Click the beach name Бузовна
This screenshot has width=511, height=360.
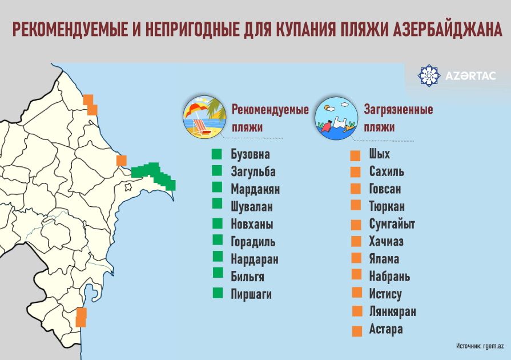250,154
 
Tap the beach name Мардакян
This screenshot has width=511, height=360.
255,189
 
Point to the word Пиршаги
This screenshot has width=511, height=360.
251,294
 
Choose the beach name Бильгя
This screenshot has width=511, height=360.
247,277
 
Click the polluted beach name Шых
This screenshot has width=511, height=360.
380,154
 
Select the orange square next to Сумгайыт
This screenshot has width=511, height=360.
356,225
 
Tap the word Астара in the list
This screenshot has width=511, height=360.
386,330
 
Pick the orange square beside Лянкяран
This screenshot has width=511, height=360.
357,311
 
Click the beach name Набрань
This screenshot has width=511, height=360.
389,277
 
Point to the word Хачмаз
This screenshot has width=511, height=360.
387,242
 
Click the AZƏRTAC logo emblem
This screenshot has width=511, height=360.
430,76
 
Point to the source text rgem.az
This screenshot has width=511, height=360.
492,346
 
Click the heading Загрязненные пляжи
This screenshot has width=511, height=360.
398,118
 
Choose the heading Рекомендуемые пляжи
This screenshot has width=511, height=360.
269,118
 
